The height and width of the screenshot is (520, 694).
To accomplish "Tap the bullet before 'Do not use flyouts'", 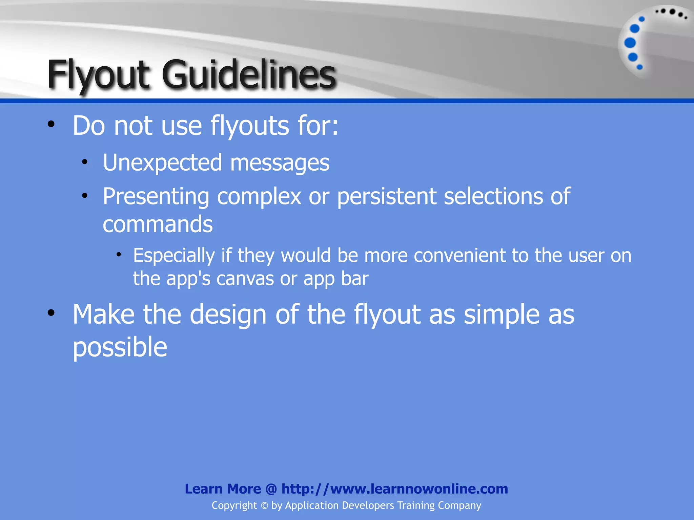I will click(x=51, y=124).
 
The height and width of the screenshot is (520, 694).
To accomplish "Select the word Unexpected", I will click(x=162, y=163).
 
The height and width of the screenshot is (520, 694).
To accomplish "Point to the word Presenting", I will click(x=156, y=197).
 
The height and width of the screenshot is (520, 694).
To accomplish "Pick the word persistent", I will click(x=387, y=197).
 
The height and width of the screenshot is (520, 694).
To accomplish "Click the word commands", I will click(x=158, y=224).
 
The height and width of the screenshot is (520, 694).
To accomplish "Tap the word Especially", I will click(x=174, y=256).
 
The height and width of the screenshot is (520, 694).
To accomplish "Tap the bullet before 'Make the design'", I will click(x=51, y=313).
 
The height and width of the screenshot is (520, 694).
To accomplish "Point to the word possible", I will click(x=120, y=348).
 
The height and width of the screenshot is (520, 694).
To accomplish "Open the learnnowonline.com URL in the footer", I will click(x=395, y=489).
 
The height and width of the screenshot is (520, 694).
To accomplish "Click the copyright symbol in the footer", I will click(x=264, y=506).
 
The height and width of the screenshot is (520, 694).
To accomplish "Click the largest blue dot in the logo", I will click(x=630, y=43).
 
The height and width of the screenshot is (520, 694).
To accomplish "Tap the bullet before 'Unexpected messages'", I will click(x=85, y=162).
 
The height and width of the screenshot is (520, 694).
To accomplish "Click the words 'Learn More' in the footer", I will click(x=223, y=489).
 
